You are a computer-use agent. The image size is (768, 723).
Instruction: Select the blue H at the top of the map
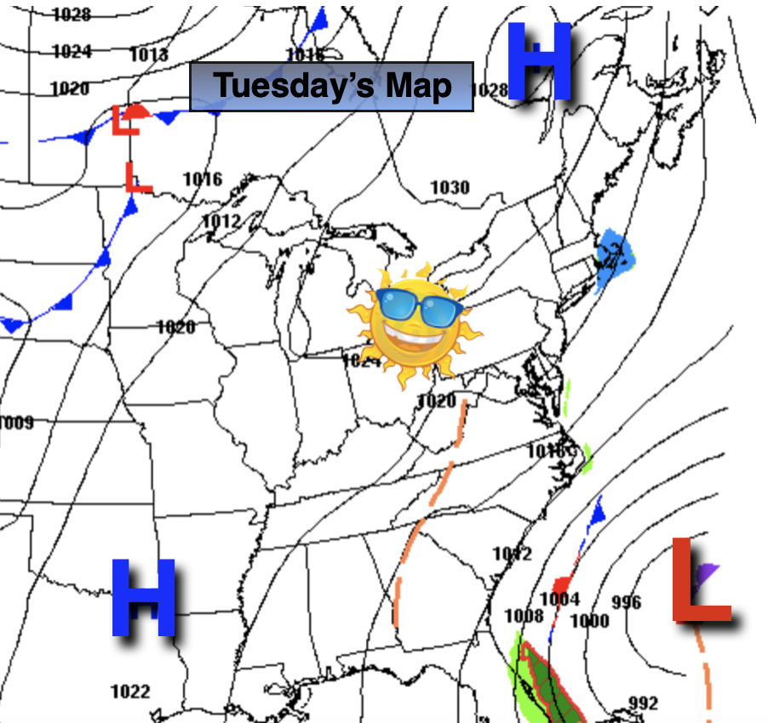[539, 61]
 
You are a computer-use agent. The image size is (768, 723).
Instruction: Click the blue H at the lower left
[143, 598]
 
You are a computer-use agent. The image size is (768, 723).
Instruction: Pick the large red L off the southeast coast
[702, 582]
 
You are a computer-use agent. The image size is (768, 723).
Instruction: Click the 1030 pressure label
[450, 187]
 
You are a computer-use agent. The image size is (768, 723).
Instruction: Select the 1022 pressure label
[130, 692]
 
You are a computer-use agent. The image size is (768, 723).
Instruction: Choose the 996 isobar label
[626, 602]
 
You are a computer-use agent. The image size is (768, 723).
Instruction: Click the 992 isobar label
[643, 703]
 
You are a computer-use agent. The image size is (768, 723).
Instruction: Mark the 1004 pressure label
[559, 599]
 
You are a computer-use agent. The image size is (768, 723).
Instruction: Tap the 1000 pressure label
[589, 621]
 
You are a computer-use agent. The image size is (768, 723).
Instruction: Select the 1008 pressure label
[524, 616]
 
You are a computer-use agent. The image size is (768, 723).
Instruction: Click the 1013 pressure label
[149, 55]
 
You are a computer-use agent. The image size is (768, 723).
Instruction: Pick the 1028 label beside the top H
[489, 90]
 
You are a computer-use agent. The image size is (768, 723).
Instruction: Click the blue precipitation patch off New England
[616, 254]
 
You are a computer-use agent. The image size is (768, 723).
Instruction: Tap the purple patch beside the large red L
[708, 573]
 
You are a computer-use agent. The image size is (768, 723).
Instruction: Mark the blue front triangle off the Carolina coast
[598, 511]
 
